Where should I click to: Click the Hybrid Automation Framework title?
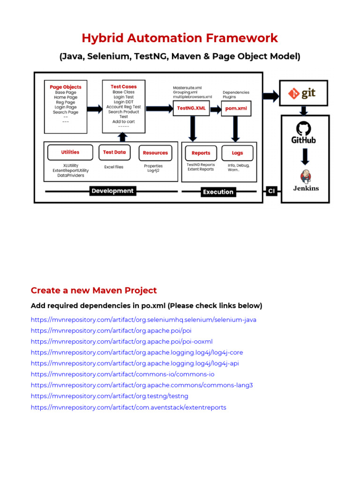tap(180, 38)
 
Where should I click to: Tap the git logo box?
tap(304, 93)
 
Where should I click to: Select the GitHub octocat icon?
tap(304, 128)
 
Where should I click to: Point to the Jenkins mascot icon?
tap(306, 177)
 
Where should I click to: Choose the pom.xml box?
tap(236, 108)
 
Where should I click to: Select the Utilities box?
tap(70, 152)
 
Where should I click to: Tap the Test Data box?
tap(114, 152)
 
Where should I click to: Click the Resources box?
tap(155, 153)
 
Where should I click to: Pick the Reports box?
tap(201, 153)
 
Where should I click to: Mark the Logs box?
tap(237, 153)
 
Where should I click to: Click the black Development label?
tap(112, 191)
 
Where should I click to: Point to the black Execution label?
tap(218, 192)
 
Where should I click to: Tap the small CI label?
tap(271, 191)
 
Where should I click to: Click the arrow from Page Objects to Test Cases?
tap(94, 109)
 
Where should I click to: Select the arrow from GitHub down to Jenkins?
tap(305, 156)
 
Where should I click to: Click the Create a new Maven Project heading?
tap(94, 290)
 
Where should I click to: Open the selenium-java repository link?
tap(143, 320)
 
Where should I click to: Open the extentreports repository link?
tap(128, 407)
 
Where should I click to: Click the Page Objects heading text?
tap(66, 87)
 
